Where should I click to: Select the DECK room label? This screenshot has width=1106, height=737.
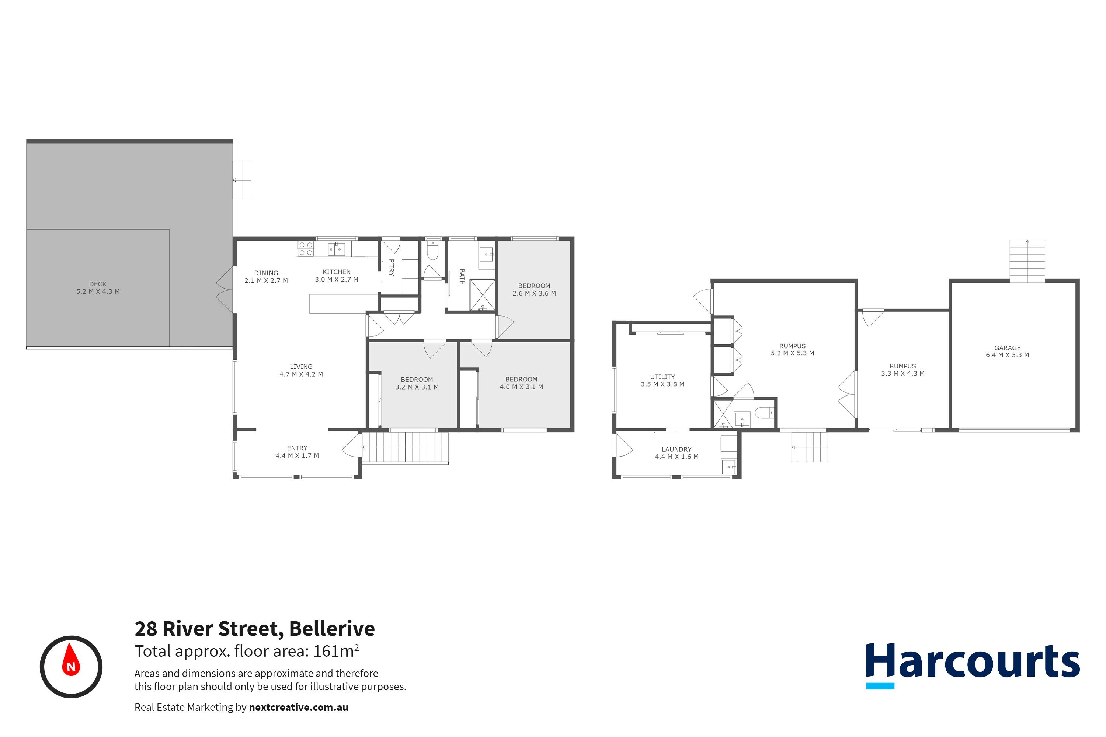pyautogui.click(x=98, y=284)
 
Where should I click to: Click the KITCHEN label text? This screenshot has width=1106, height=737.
pyautogui.click(x=337, y=272)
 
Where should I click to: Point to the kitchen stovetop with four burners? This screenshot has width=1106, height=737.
pyautogui.click(x=306, y=249)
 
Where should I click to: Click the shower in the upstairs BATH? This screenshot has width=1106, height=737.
pyautogui.click(x=483, y=295)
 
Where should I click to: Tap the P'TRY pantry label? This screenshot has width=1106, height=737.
pyautogui.click(x=391, y=267)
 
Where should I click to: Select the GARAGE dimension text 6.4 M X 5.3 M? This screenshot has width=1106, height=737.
pyautogui.click(x=1007, y=355)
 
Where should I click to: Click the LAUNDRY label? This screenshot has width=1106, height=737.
pyautogui.click(x=676, y=449)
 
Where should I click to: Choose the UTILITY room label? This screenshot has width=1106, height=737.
pyautogui.click(x=662, y=377)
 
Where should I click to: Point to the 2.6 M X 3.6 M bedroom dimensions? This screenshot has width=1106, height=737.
pyautogui.click(x=534, y=293)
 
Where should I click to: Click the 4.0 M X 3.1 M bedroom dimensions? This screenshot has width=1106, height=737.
pyautogui.click(x=521, y=387)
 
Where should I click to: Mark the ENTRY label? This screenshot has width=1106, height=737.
pyautogui.click(x=297, y=448)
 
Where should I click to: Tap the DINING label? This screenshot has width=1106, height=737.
pyautogui.click(x=266, y=273)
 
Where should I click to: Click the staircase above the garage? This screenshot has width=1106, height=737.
pyautogui.click(x=1027, y=261)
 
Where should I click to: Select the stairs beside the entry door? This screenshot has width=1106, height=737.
pyautogui.click(x=405, y=447)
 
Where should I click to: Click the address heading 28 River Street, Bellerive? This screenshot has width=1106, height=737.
pyautogui.click(x=254, y=628)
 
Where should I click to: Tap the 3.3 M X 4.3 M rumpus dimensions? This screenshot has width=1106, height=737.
pyautogui.click(x=902, y=373)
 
